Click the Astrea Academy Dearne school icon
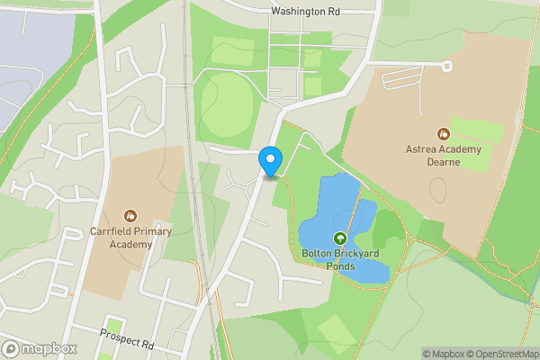click(x=443, y=133)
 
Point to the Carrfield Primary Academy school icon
click(x=130, y=216)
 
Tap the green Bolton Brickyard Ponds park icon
click(x=340, y=238)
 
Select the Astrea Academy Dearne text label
click(x=443, y=156)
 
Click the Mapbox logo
click(x=40, y=348)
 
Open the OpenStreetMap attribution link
click(x=502, y=354)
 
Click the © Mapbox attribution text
click(x=441, y=354)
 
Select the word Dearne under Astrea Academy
click(x=443, y=162)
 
